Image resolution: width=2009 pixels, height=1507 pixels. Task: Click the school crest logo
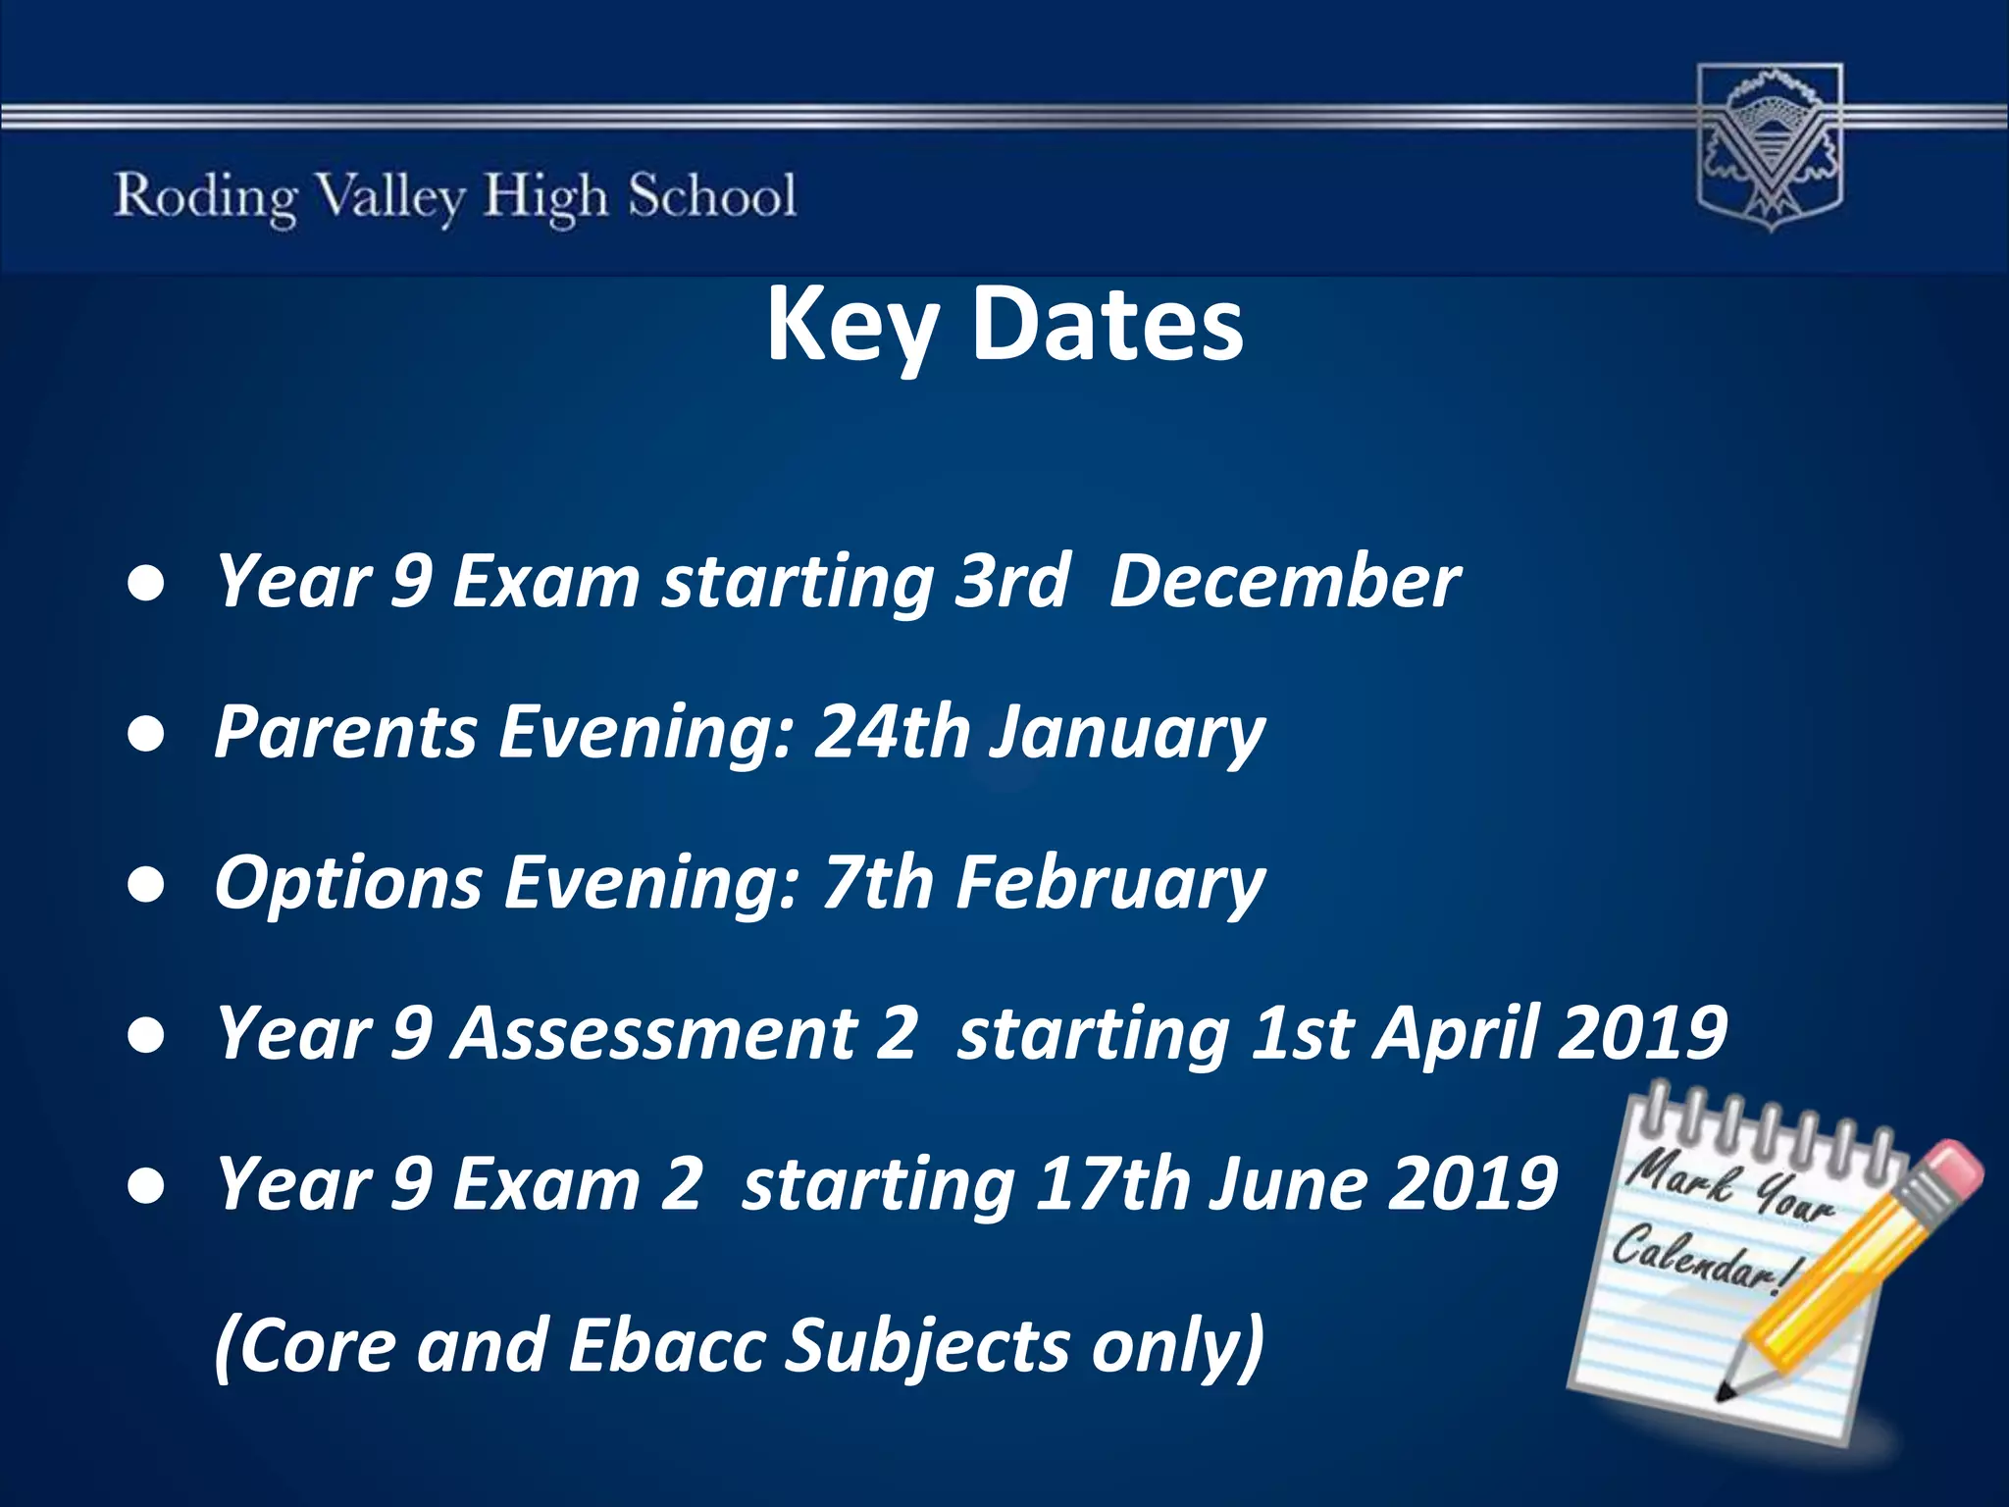pyautogui.click(x=1770, y=147)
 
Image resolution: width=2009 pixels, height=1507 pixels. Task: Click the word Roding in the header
pyautogui.click(x=205, y=197)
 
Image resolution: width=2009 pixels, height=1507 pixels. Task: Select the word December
pyautogui.click(x=1284, y=581)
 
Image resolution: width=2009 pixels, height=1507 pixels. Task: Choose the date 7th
pyautogui.click(x=878, y=882)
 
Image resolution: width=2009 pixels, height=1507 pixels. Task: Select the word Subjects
pyautogui.click(x=928, y=1346)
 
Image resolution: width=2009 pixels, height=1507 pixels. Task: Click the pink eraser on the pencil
pyautogui.click(x=1952, y=1169)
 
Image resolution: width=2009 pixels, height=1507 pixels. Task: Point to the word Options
pyautogui.click(x=348, y=884)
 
